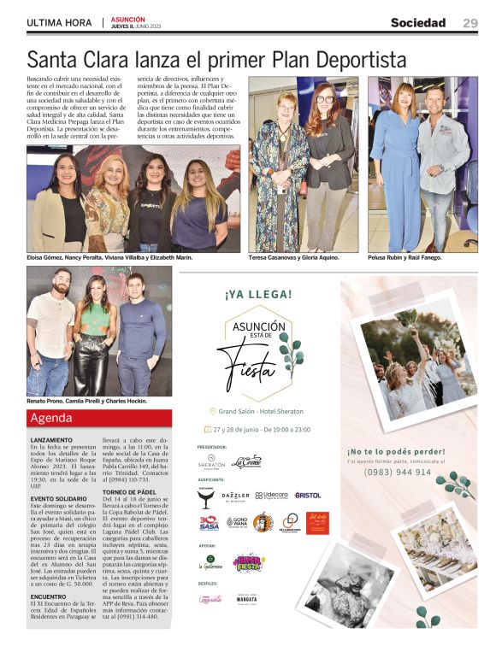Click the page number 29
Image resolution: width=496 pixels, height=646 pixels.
tap(470, 23)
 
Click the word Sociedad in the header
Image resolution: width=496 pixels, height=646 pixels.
tap(418, 23)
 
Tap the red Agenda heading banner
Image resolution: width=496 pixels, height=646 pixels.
tap(99, 419)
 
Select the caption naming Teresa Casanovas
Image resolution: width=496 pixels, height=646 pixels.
tap(293, 256)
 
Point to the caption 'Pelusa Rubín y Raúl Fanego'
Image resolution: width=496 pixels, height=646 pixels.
tap(405, 256)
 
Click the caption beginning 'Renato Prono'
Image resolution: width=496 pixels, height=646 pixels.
tap(86, 400)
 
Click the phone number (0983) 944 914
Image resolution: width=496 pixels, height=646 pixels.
tap(398, 472)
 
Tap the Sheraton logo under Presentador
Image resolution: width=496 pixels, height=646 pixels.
tap(210, 462)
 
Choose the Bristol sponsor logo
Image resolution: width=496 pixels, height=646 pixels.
tap(308, 495)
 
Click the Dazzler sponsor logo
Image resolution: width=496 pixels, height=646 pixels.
tap(235, 496)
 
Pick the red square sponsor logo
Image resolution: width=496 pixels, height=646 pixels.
tap(316, 522)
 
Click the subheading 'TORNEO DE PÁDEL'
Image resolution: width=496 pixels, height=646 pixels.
tap(129, 493)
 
